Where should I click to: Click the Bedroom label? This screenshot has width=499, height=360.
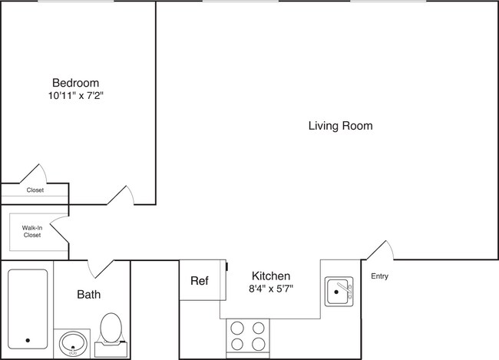pos(75,83)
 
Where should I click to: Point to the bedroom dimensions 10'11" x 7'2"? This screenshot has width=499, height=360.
pos(75,97)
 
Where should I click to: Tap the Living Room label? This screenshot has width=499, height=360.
pos(340,126)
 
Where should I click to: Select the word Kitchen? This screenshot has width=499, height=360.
pos(271,276)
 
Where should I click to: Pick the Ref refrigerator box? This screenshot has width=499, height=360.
pos(200,280)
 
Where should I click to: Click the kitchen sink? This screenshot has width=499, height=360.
pos(338,292)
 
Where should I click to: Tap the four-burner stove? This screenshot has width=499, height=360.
pos(249,335)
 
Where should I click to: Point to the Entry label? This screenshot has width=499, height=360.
pos(379,276)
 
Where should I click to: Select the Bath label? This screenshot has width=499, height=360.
pos(88,294)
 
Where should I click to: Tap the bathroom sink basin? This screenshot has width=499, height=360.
pos(74,343)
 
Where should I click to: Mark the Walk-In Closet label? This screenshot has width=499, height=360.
pos(31,231)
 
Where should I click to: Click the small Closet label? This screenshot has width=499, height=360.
pos(35,190)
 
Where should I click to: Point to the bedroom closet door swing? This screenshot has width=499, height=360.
pos(35,173)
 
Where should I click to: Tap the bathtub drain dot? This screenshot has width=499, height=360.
pos(28,340)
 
